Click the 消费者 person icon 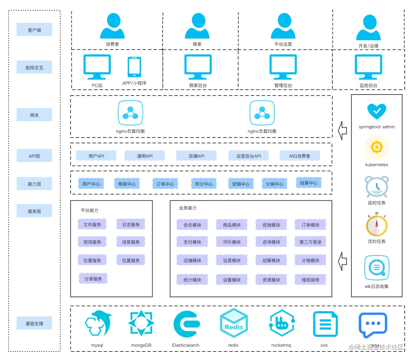112,26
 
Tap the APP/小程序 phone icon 134,67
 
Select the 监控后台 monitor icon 368,67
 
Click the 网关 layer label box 34,115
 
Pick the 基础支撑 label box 34,323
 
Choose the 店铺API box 196,156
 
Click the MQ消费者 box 300,156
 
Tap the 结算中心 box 309,183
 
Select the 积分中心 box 204,184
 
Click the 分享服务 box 93,278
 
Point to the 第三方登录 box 310,242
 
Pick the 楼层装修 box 310,279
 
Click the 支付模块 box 192,242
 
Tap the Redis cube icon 234,323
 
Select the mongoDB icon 141,323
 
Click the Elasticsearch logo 187,324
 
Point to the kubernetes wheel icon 377,147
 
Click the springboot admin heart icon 377,111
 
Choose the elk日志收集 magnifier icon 377,268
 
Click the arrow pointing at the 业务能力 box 343,261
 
